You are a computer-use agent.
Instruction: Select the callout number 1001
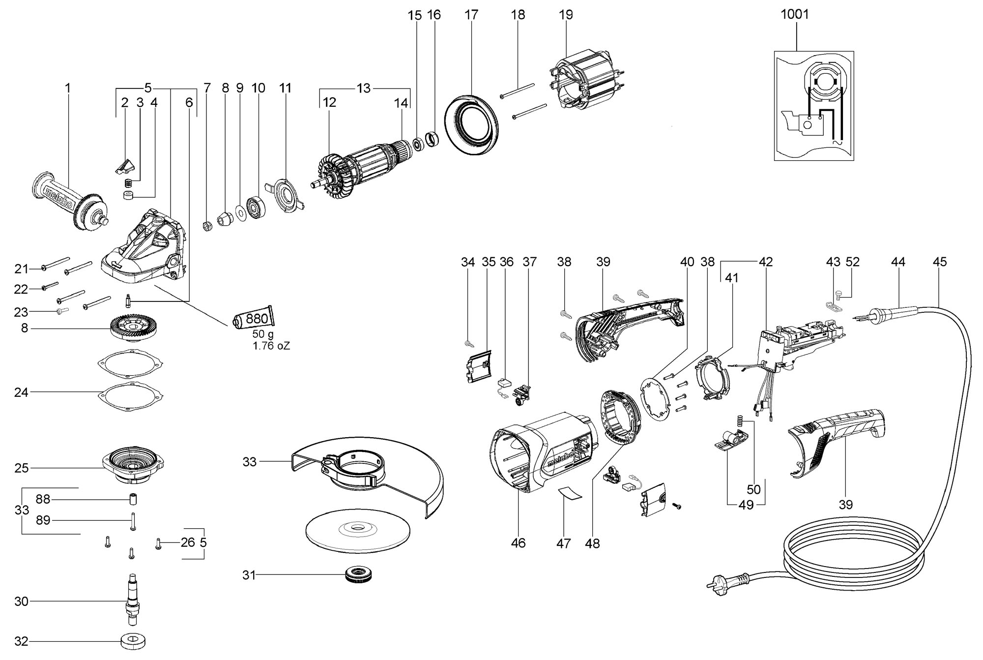click(794, 14)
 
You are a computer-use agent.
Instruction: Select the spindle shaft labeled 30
click(131, 601)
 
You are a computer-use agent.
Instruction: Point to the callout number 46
click(518, 543)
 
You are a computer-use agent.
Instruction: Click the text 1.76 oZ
click(271, 346)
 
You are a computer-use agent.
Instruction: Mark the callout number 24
click(21, 392)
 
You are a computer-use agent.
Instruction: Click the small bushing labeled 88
click(132, 500)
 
